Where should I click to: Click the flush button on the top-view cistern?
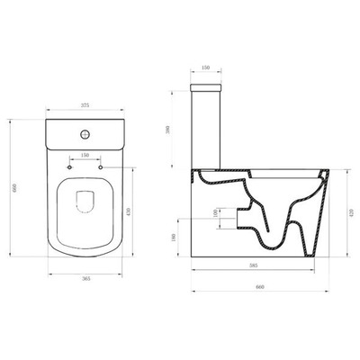point(85,132)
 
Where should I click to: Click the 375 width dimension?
point(85,105)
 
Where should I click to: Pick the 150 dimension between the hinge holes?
point(85,156)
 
